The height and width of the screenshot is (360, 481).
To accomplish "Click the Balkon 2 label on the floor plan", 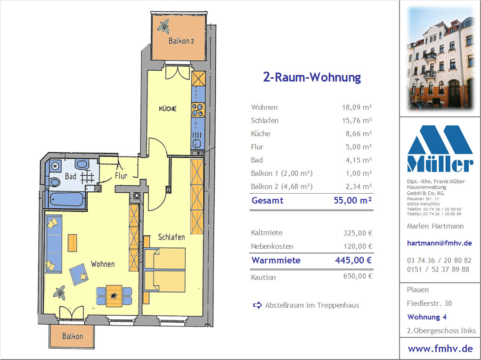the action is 181,41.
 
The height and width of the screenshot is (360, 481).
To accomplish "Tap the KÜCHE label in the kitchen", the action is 168,109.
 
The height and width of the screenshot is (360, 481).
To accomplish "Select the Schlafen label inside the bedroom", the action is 171,237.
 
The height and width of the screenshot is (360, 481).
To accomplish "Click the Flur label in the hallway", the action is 121,176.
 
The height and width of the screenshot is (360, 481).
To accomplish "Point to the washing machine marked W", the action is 55,166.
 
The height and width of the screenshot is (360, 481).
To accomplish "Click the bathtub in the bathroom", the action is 67,200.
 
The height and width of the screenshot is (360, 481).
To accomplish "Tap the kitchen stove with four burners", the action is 198,110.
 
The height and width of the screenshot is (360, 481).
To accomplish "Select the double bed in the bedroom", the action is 164,270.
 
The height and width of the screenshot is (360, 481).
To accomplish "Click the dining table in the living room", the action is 114,296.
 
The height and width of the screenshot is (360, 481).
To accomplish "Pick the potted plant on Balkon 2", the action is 163,26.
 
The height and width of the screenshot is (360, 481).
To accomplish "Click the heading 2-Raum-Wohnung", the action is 312,77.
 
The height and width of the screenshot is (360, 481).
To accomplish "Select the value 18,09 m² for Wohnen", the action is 357,107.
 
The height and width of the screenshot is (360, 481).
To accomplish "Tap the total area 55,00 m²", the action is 353,200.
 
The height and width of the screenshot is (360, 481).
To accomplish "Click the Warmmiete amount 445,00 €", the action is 353,260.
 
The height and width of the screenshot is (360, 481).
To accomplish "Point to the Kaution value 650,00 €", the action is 358,276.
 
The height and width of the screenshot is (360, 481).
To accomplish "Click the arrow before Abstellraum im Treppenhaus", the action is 257,305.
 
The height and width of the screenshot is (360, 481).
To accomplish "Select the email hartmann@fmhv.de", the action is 439,243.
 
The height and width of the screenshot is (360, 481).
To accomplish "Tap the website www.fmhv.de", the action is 440,349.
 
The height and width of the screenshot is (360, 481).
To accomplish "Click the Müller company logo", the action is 440,148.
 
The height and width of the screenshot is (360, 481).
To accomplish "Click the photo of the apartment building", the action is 440,58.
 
